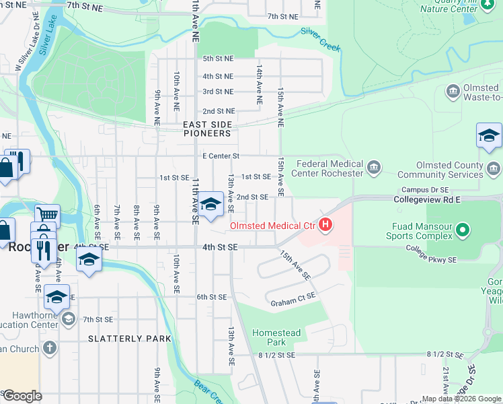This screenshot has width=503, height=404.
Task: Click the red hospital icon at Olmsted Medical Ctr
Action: (326, 224)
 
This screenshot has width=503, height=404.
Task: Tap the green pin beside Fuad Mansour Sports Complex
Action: (462, 231)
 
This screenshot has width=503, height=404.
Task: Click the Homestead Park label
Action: (276, 337)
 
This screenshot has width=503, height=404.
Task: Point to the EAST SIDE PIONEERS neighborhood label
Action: (207, 129)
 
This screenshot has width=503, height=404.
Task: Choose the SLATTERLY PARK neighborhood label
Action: (130, 339)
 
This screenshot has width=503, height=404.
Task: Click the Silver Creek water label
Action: (321, 40)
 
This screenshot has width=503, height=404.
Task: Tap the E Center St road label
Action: (221, 156)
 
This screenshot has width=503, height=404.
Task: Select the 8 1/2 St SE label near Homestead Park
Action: (276, 354)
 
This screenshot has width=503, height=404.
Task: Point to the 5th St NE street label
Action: (218, 59)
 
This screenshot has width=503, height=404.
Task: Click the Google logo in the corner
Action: (22, 396)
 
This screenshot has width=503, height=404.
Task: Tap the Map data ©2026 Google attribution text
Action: (461, 399)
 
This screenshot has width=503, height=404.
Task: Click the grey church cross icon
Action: (48, 348)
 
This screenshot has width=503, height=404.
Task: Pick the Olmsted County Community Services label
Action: (449, 170)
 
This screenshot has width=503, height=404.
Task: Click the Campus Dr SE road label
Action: (424, 191)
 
